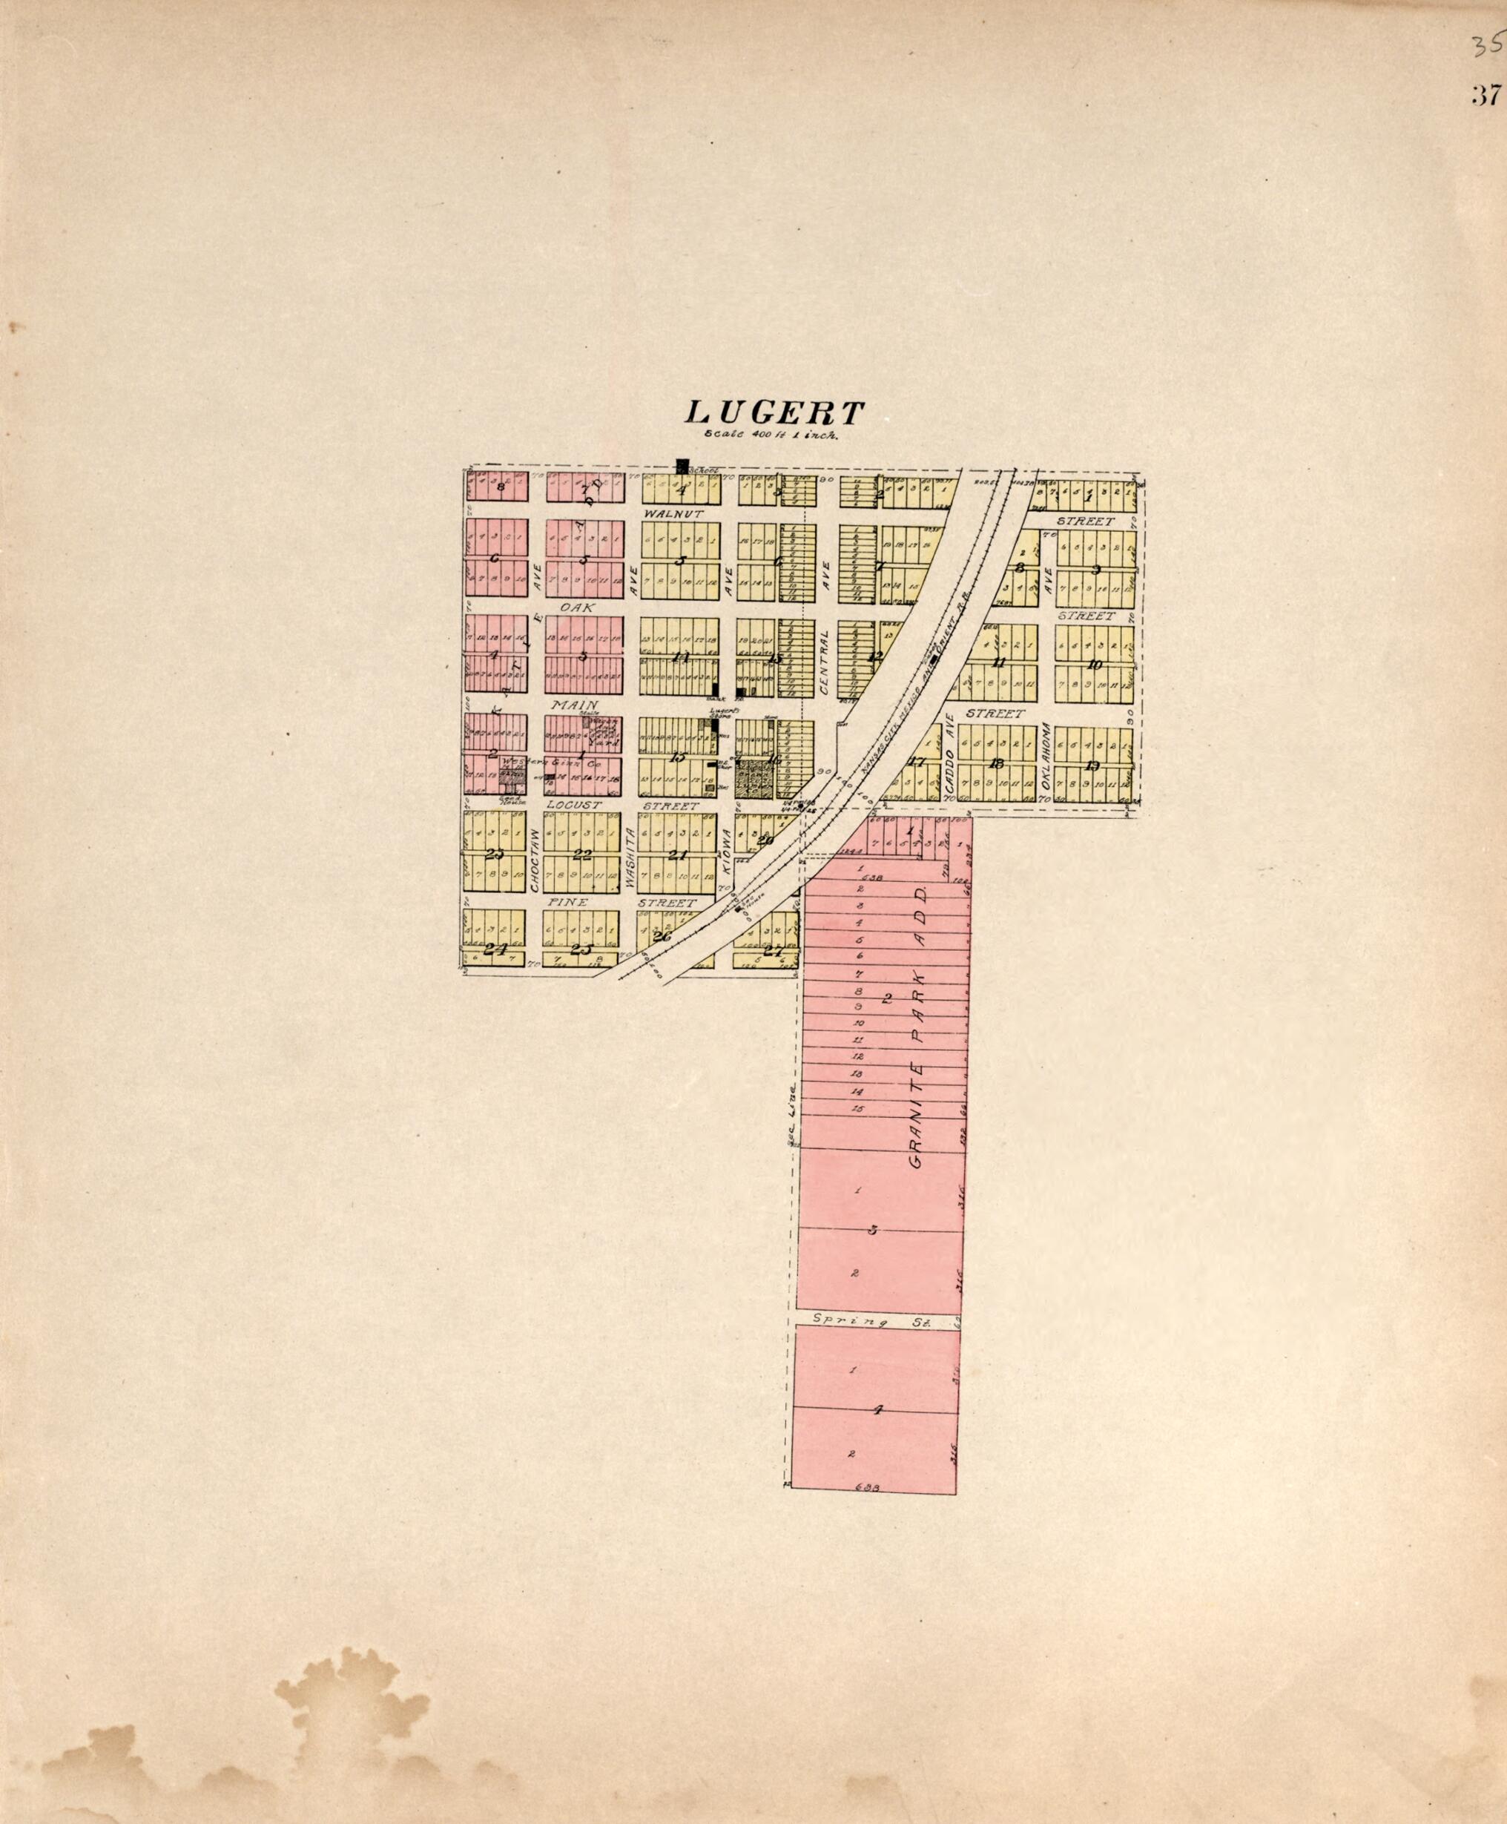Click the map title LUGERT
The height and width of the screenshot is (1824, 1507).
(x=775, y=412)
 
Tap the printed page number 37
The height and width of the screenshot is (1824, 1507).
(x=1485, y=95)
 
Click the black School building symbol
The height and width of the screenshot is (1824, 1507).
(x=682, y=467)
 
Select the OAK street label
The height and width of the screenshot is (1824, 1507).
(x=576, y=608)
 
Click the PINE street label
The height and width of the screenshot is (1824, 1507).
(x=569, y=902)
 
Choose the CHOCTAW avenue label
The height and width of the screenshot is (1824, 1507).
(x=535, y=857)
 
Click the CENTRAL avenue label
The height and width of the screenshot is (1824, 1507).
(x=825, y=662)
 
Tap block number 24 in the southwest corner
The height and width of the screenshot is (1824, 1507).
(x=494, y=949)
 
